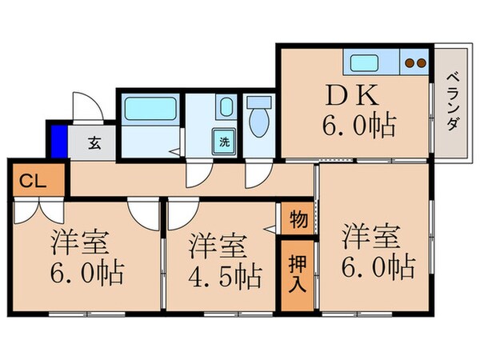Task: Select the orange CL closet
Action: click(27, 180)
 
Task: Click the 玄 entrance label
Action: click(94, 145)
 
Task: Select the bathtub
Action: click(150, 107)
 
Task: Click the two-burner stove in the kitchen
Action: click(416, 61)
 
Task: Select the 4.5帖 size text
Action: click(225, 276)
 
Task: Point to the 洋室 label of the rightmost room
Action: click(372, 237)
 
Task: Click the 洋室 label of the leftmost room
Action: click(81, 241)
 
